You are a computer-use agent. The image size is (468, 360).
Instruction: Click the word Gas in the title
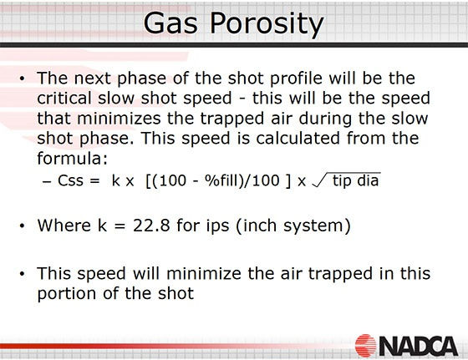pyautogui.click(x=170, y=23)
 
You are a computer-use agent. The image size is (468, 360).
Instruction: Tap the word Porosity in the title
pyautogui.click(x=267, y=24)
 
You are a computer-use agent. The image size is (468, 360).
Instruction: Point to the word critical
pyautogui.click(x=64, y=98)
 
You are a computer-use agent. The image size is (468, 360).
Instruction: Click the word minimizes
pyautogui.click(x=120, y=118)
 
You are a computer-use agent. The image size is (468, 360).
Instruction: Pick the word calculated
pyautogui.click(x=298, y=138)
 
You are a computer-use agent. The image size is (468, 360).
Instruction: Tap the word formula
pyautogui.click(x=72, y=158)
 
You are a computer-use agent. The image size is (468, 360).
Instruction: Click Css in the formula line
pyautogui.click(x=70, y=180)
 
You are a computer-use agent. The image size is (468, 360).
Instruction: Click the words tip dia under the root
pyautogui.click(x=356, y=181)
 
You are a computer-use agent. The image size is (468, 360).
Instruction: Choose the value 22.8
pyautogui.click(x=151, y=226)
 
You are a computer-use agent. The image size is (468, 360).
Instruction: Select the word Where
pyautogui.click(x=64, y=226)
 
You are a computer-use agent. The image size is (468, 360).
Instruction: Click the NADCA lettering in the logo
pyautogui.click(x=419, y=347)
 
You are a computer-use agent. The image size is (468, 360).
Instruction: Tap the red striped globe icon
pyautogui.click(x=366, y=346)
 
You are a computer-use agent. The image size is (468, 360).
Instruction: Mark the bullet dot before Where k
pyautogui.click(x=22, y=226)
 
